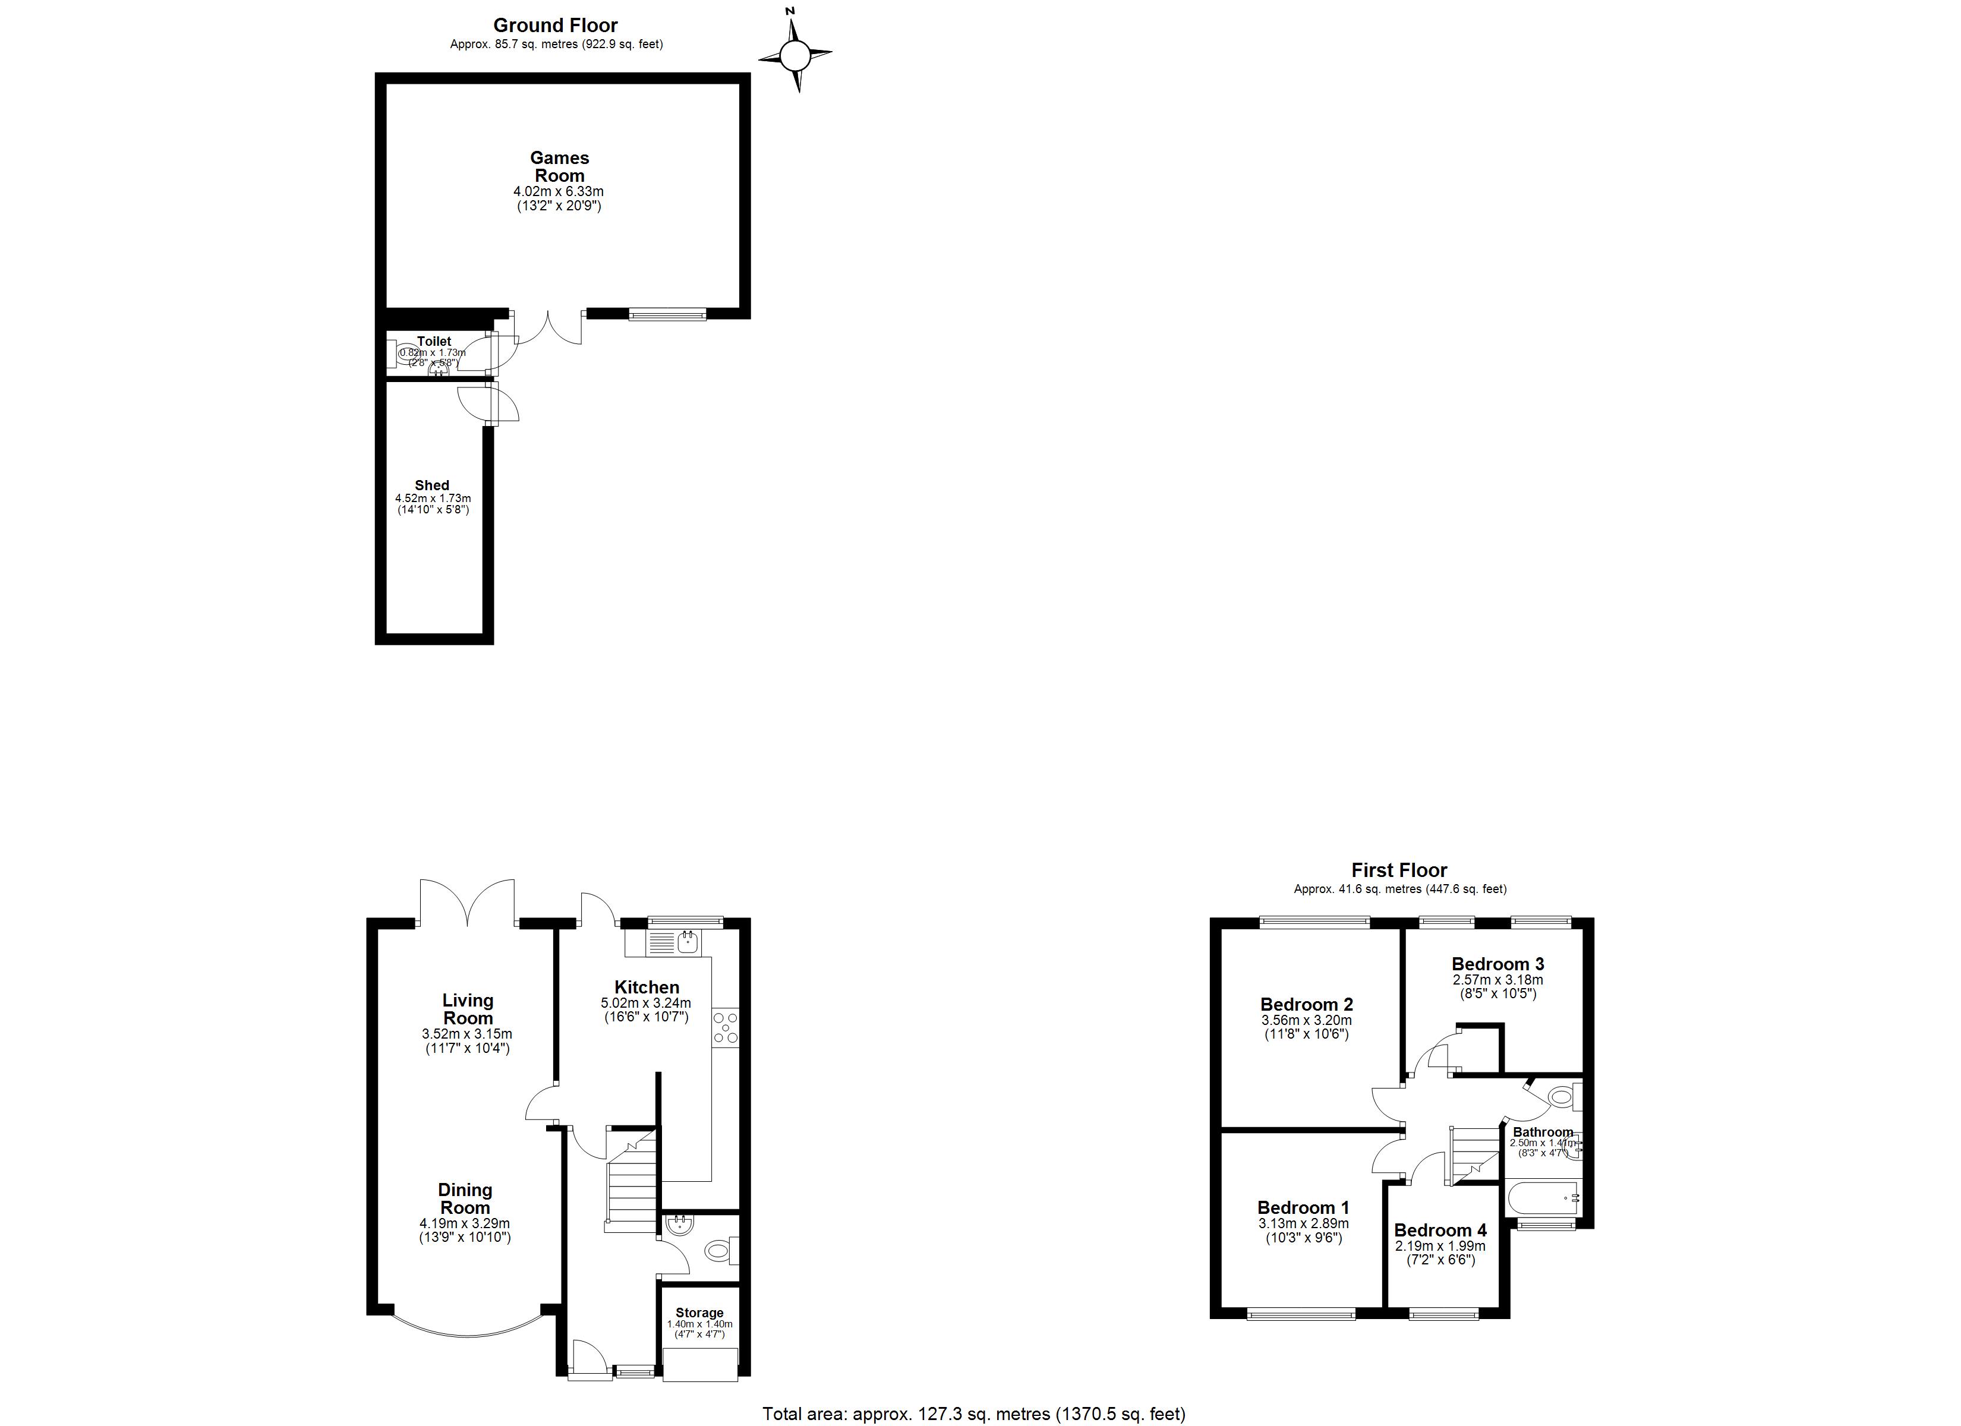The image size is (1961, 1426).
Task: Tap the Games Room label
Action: click(559, 167)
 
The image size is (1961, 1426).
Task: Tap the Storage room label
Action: click(699, 1313)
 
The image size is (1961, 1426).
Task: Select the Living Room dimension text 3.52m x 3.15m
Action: click(467, 1033)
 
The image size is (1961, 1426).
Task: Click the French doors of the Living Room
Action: click(468, 904)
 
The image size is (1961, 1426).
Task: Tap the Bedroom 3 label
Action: click(1497, 963)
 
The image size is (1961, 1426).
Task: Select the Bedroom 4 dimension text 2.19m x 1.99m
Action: click(1440, 1246)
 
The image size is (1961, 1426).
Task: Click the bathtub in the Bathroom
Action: click(1543, 1198)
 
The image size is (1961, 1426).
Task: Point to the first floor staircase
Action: click(1473, 1154)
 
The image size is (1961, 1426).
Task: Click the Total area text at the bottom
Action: click(973, 1414)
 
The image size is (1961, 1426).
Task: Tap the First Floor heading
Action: click(1399, 870)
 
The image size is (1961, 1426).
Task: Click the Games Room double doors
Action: click(548, 329)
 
